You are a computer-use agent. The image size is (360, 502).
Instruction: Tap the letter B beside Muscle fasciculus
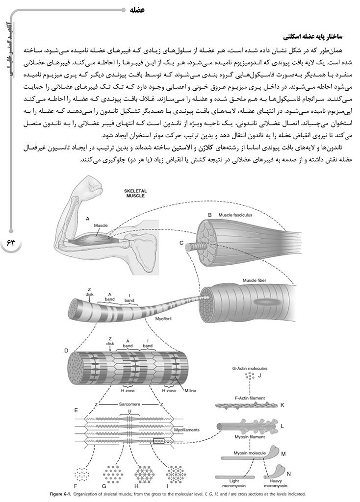coord(209,215)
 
